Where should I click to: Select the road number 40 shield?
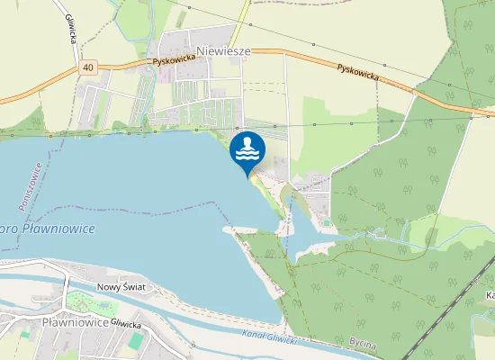pyautogui.click(x=86, y=67)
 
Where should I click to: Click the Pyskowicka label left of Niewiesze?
pyautogui.click(x=174, y=59)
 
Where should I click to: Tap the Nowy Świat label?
pyautogui.click(x=121, y=287)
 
